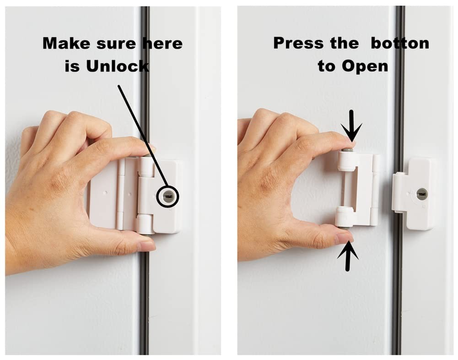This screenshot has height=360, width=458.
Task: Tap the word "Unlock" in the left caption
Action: point(118,66)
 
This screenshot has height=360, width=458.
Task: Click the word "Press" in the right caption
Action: point(298,43)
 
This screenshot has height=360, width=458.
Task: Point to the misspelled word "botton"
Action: point(400,43)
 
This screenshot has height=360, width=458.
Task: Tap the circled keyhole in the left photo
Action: point(167,196)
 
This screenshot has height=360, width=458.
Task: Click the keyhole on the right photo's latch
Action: point(422,194)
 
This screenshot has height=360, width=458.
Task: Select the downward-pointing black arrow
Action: point(351,126)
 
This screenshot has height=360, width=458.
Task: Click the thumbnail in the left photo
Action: point(148,246)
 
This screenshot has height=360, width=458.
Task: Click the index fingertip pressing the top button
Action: point(348,144)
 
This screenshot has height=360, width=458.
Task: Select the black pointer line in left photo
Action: point(143,136)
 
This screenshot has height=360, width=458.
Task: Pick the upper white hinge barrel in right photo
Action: point(347,161)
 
